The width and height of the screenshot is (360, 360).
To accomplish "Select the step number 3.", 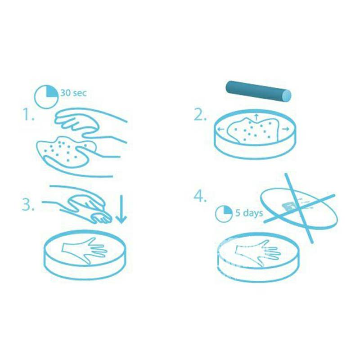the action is click(x=28, y=204).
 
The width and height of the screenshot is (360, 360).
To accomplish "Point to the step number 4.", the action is click(x=200, y=196).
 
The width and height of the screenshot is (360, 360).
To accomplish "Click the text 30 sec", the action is click(x=73, y=93).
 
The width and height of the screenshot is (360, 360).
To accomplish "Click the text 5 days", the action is click(x=249, y=212).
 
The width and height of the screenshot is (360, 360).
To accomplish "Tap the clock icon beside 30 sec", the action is click(x=46, y=97).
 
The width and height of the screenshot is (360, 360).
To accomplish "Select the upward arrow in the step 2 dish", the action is click(x=256, y=117).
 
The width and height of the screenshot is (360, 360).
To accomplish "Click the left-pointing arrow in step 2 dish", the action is click(x=221, y=129).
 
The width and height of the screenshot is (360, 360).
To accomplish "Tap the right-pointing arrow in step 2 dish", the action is click(x=286, y=129).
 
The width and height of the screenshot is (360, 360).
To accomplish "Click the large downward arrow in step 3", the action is click(x=121, y=209).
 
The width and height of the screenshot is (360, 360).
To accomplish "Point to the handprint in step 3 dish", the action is click(x=85, y=251).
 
